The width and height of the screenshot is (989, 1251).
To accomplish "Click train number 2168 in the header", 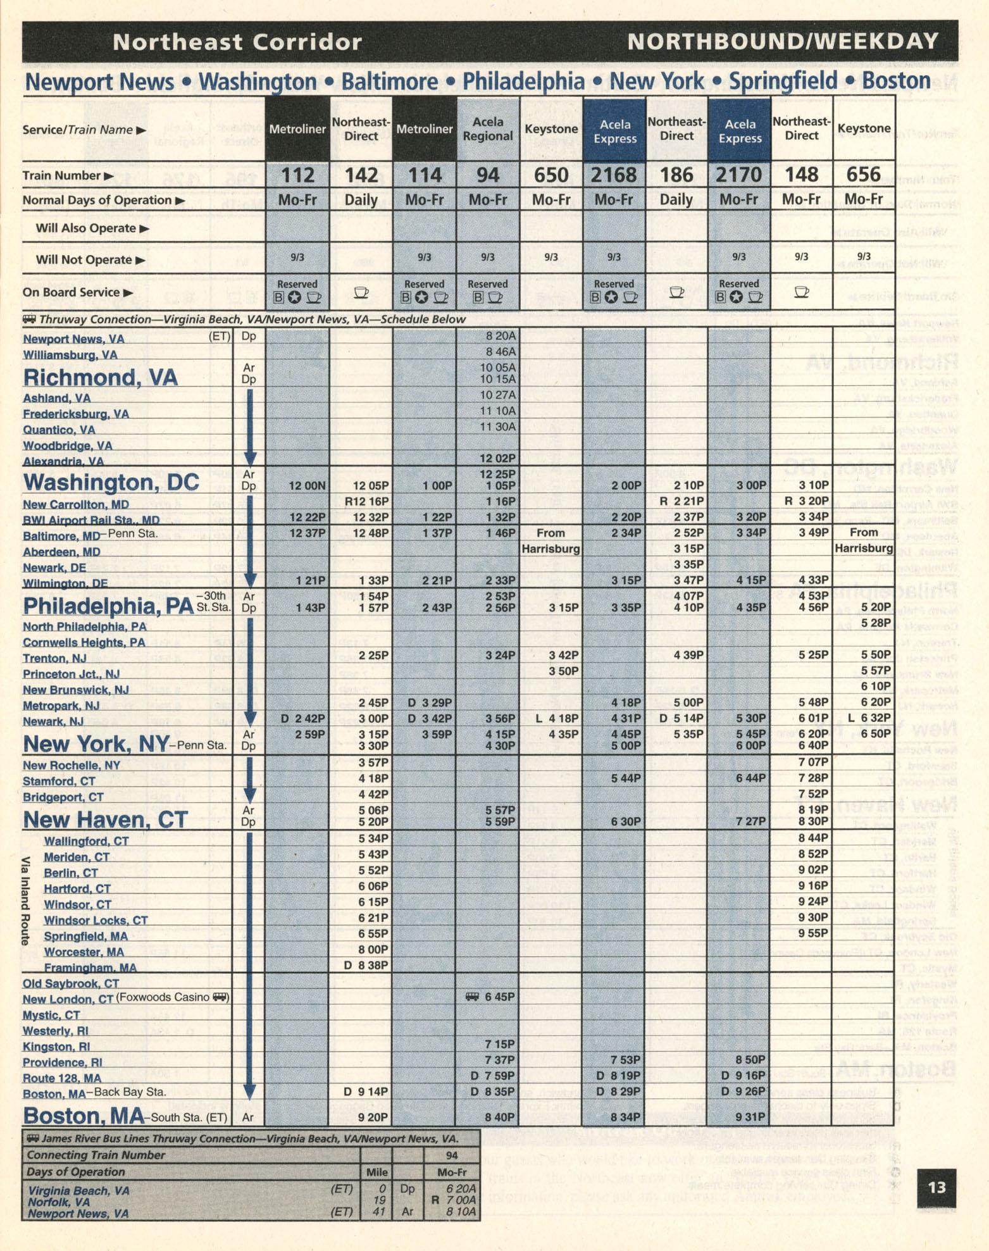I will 613,175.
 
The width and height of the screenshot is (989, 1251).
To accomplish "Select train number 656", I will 864,175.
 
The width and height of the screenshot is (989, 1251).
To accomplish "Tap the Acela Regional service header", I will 488,129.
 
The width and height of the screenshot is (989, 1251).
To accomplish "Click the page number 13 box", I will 936,1186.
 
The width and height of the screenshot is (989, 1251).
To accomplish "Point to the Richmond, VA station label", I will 100,378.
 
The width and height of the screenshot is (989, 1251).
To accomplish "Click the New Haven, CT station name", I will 105,820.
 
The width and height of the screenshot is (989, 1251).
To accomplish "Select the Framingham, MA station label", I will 90,968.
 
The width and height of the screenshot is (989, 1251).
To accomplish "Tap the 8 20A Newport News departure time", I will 501,336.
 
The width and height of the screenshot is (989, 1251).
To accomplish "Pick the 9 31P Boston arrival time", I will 751,1117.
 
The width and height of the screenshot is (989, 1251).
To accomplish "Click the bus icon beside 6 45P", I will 472,997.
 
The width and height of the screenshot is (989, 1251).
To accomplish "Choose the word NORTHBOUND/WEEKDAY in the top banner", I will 783,42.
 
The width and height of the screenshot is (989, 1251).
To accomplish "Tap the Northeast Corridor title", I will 237,42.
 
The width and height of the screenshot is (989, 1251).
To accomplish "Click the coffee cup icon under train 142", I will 361,292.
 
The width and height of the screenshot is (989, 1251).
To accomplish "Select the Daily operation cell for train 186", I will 676,200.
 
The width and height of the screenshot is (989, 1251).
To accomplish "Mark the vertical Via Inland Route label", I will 26,900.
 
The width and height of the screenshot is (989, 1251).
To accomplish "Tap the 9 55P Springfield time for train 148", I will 813,933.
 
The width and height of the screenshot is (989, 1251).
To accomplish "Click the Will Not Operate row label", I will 90,260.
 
